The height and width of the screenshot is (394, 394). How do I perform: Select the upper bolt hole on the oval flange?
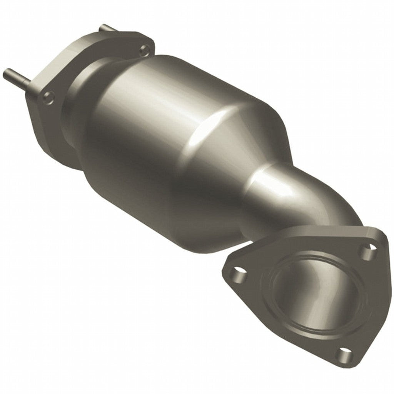tap(145, 49)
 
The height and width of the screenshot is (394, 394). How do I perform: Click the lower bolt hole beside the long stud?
tap(48, 97)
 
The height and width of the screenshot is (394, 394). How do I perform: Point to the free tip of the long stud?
tap(5, 72)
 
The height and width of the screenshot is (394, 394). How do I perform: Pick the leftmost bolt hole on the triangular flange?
tap(236, 274)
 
